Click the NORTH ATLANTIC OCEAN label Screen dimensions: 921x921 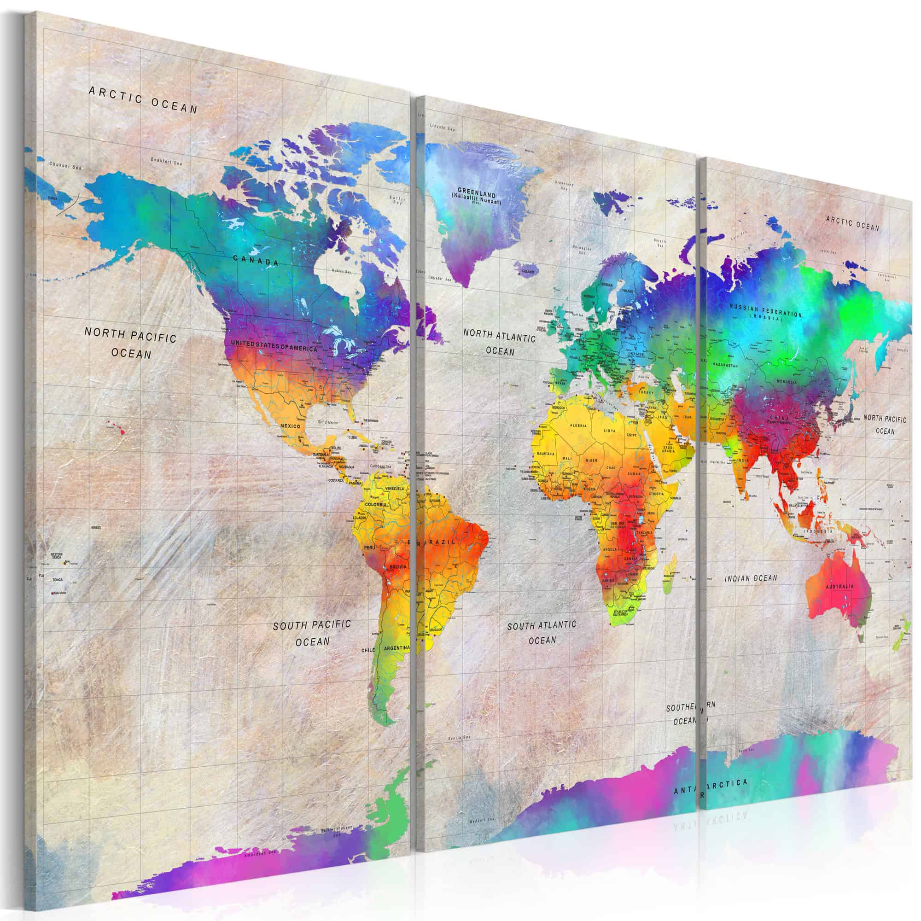pyautogui.click(x=500, y=344)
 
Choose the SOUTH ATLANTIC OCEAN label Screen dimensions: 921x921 pyautogui.click(x=542, y=632)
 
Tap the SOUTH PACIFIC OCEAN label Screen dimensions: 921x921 pyautogui.click(x=312, y=633)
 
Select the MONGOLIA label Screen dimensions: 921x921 pyautogui.click(x=787, y=382)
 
